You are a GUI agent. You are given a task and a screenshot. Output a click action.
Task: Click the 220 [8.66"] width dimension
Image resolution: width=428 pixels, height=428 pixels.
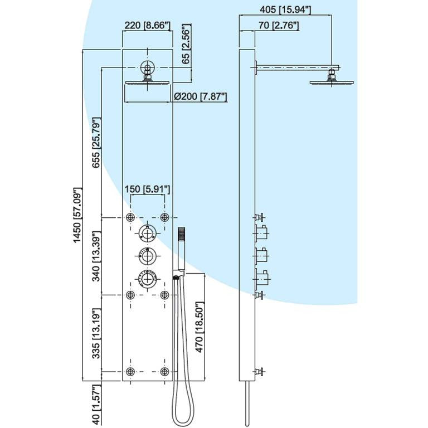coord(147,25)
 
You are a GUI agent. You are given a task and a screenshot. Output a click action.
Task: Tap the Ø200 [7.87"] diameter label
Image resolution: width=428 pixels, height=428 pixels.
coord(200,96)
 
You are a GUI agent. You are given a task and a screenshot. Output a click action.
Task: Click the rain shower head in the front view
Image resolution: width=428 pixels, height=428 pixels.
coord(147,82)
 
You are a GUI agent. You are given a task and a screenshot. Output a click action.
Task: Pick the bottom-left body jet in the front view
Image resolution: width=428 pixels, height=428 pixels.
coord(131,372)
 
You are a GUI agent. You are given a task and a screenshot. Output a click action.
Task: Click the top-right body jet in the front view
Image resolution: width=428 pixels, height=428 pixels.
coord(164,217)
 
